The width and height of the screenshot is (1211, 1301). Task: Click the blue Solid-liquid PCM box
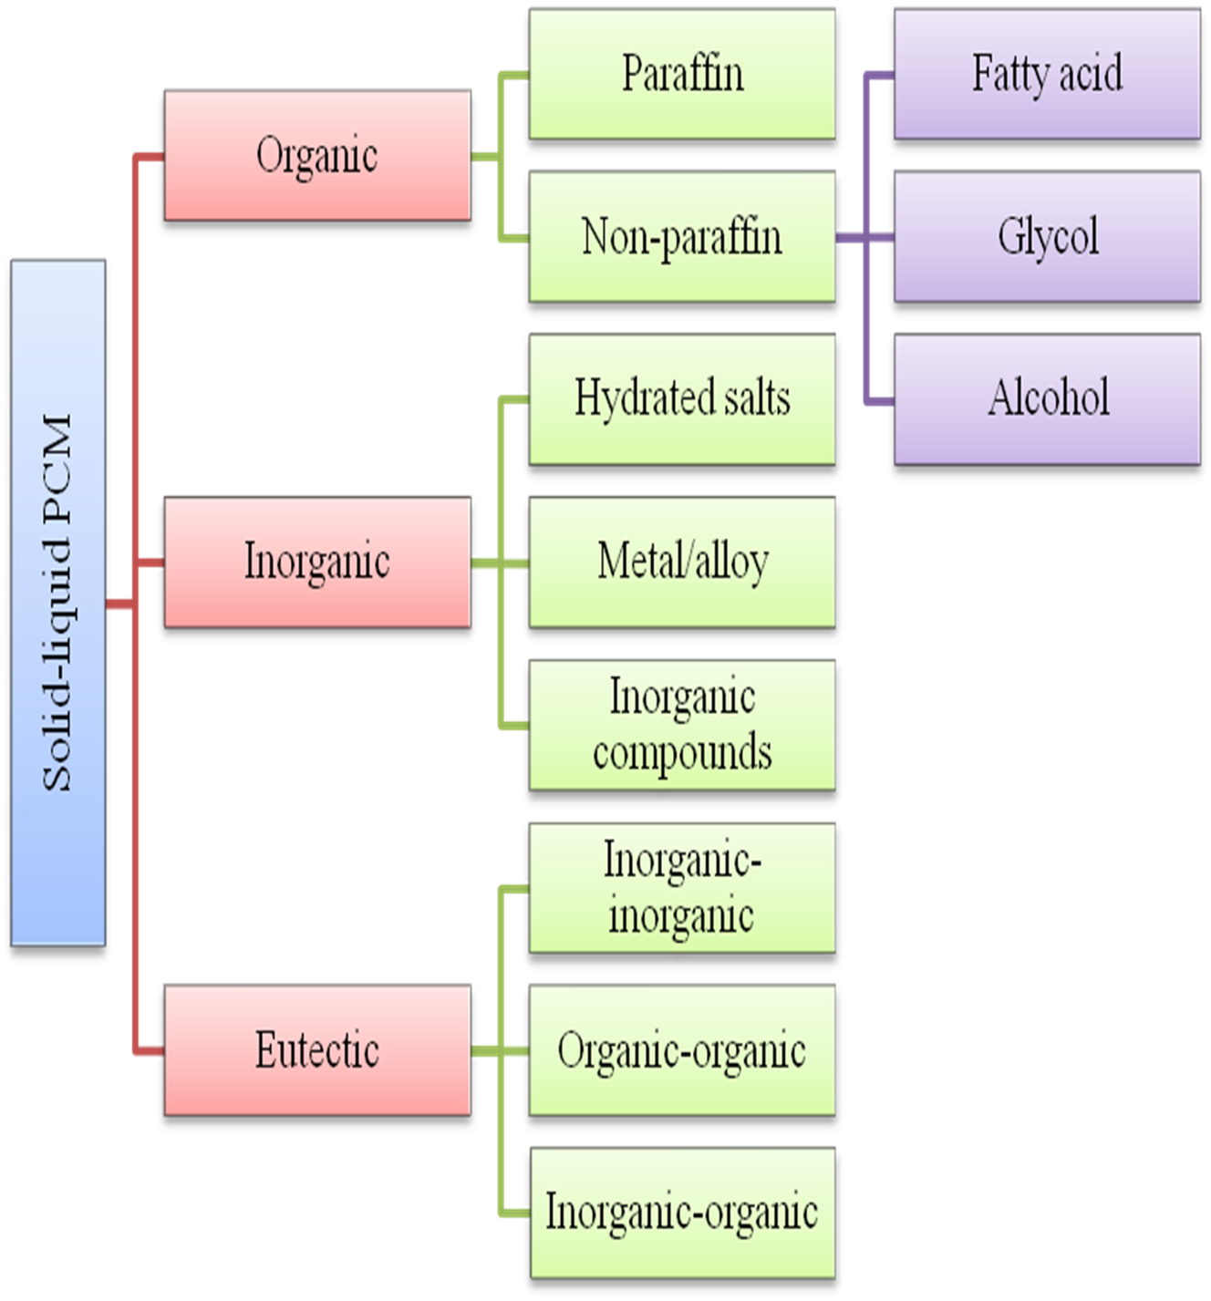[x=58, y=603]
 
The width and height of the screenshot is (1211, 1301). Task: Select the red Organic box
[x=317, y=155]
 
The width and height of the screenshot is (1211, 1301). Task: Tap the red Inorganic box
[x=317, y=562]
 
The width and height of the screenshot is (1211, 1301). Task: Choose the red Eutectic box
[x=317, y=1049]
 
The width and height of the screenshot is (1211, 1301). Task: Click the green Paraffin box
[x=682, y=74]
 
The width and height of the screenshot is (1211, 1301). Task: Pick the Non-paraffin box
[x=682, y=236]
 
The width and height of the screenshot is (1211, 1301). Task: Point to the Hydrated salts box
[x=682, y=399]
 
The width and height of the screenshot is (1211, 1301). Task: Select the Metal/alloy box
[x=682, y=562]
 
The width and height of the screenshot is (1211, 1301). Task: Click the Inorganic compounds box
[x=682, y=725]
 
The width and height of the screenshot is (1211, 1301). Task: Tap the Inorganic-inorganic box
[x=682, y=888]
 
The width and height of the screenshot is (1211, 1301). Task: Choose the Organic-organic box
[x=682, y=1050]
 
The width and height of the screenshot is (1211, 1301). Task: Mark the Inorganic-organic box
[x=682, y=1213]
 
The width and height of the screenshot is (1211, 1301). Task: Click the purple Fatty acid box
[x=1047, y=74]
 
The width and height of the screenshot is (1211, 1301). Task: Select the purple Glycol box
[x=1047, y=236]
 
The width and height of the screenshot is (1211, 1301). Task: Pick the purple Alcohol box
[x=1047, y=399]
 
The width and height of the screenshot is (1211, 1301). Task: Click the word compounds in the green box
[x=682, y=753]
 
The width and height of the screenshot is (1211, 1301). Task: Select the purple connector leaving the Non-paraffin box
[x=852, y=238]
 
